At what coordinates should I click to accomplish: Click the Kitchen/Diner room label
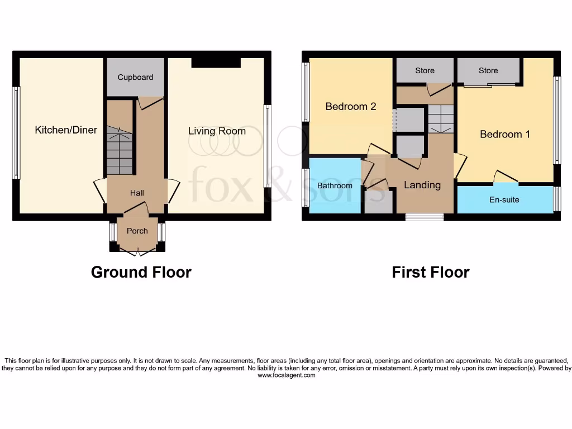click(66, 130)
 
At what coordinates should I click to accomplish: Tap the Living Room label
click(217, 131)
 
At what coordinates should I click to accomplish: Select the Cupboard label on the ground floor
click(135, 77)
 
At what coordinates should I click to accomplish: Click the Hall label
click(137, 193)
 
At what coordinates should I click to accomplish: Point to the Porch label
click(137, 231)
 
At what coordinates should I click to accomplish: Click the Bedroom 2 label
click(351, 106)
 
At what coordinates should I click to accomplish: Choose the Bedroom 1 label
click(505, 134)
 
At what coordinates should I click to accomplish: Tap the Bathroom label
click(335, 185)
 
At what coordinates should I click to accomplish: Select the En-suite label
click(504, 199)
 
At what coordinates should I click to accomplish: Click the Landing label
click(422, 185)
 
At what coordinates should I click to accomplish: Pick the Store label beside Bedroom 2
click(425, 70)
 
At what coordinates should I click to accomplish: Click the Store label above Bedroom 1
click(488, 70)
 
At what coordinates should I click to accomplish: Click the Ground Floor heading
click(141, 272)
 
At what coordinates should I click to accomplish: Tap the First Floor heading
click(430, 272)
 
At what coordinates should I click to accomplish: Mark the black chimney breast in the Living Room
click(216, 62)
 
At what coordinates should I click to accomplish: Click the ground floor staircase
click(120, 151)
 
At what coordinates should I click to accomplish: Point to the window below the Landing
click(425, 217)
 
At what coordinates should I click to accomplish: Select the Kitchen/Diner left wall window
click(16, 132)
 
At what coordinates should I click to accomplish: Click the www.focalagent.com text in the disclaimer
click(286, 375)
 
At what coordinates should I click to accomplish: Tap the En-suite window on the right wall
click(556, 199)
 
